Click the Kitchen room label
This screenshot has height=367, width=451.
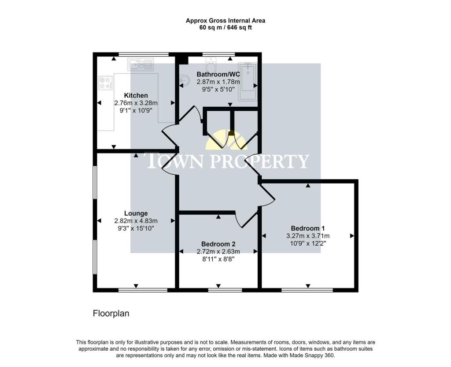click(x=136, y=95)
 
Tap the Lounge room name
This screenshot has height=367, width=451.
click(x=136, y=213)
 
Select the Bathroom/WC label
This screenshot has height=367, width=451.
click(x=218, y=74)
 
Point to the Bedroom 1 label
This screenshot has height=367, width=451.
click(x=308, y=228)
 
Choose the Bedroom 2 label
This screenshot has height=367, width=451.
click(x=218, y=244)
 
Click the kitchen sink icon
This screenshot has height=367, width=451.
click(x=140, y=64)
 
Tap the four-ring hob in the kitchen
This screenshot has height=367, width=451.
click(x=106, y=82)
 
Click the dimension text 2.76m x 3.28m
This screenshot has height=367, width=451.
click(x=136, y=103)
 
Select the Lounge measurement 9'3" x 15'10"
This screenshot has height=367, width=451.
click(x=136, y=228)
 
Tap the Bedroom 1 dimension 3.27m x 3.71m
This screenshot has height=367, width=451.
click(x=308, y=236)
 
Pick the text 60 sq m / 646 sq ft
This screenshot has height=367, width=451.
click(x=225, y=28)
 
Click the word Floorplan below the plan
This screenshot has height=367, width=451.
click(x=111, y=314)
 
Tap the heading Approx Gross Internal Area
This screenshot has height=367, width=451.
click(x=225, y=21)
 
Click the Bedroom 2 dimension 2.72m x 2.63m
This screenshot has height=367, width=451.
click(x=218, y=251)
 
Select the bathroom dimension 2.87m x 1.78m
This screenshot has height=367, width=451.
click(x=218, y=82)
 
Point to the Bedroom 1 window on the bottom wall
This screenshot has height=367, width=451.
click(x=307, y=290)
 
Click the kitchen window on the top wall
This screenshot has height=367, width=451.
click(x=144, y=54)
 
